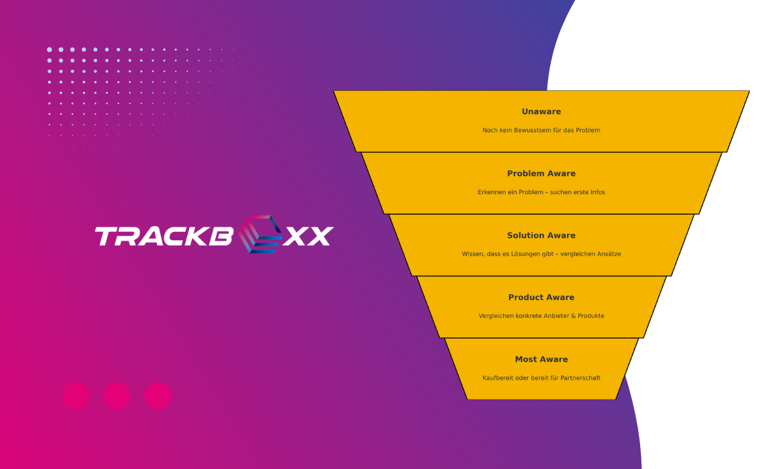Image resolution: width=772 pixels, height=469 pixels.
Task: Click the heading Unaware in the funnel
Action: coord(541,112)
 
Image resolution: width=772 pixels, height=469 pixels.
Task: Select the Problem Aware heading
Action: coord(541,173)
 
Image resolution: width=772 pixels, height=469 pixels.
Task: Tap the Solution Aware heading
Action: coord(541,235)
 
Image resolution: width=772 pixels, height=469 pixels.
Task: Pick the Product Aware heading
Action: coord(541,297)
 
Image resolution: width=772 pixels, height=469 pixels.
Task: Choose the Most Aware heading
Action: coord(541,359)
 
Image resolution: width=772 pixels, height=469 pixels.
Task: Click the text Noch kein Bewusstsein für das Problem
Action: coord(541,130)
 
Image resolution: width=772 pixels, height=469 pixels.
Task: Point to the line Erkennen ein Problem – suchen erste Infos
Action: coord(541,192)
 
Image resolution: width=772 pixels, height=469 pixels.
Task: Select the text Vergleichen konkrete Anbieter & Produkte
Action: coord(541,316)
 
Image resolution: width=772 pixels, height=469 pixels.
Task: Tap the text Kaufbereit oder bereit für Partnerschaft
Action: coord(541,378)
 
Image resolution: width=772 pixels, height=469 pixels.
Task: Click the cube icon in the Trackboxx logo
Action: coord(260,234)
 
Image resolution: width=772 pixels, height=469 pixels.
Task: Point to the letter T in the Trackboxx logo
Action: coord(107,236)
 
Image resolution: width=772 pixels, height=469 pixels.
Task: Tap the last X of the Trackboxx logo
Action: coord(320,236)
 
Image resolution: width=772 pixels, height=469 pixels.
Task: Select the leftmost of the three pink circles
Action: coord(76,396)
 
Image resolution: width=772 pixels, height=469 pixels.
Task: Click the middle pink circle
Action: coord(117,396)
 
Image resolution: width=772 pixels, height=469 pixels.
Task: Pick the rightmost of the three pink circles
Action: coord(158,396)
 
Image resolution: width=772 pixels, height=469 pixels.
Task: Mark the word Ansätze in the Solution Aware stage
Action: coord(608,254)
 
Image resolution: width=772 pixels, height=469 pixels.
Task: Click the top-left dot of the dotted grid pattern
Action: coord(50,49)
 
